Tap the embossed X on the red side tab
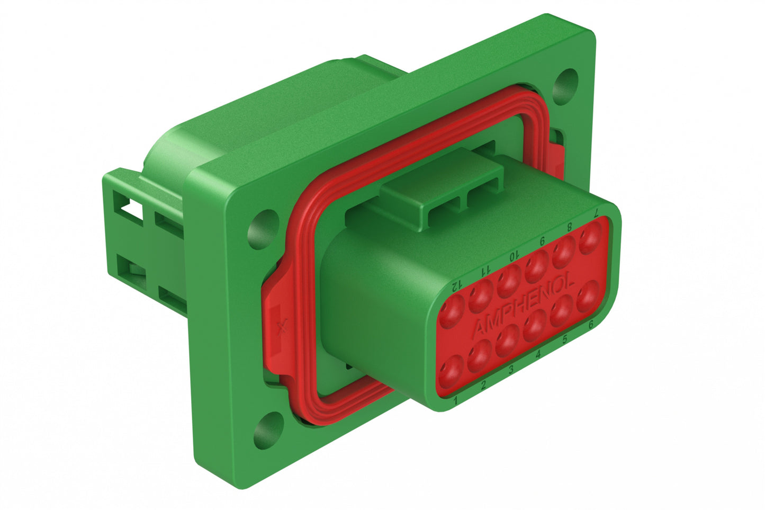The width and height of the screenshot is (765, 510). [x=282, y=326]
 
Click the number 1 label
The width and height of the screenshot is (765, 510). [x=455, y=401]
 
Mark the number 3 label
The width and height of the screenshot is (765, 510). [x=511, y=370]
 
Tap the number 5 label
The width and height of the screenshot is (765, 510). [x=564, y=340]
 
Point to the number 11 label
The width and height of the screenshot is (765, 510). [x=484, y=271]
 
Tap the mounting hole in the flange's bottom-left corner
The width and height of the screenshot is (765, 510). [x=265, y=427]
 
